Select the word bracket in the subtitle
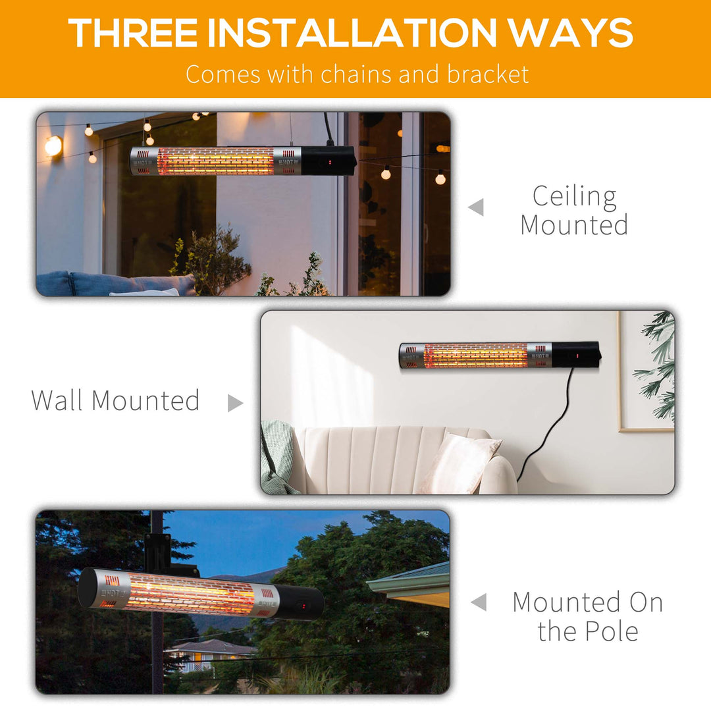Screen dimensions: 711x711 coord(488,74)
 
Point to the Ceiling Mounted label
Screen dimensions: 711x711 coord(574,210)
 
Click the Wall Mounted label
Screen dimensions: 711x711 coord(115,400)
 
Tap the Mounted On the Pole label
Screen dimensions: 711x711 coord(587,616)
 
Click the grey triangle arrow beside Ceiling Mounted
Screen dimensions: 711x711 coord(476,208)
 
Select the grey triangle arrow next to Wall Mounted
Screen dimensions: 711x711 coord(234,403)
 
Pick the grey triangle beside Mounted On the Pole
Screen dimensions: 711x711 coord(479,602)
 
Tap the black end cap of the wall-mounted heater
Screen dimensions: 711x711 coord(575,354)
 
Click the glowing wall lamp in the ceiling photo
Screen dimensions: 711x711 coord(53,145)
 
